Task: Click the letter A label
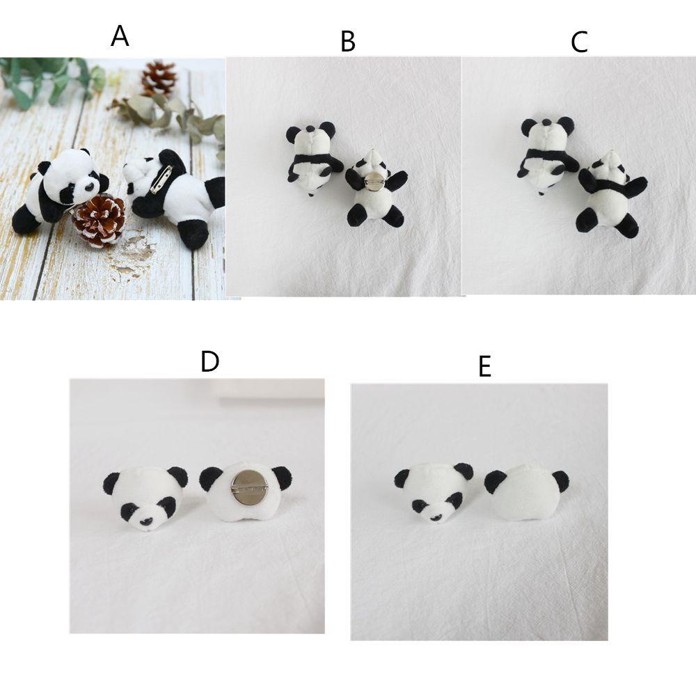point(120,35)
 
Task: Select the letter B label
point(348,42)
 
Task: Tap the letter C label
point(579,42)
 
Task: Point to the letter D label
point(209,361)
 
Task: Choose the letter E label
point(485,366)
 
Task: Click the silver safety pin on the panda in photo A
point(159,180)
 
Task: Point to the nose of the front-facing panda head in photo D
point(146,520)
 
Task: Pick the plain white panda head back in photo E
point(526,492)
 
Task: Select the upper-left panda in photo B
point(311,157)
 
